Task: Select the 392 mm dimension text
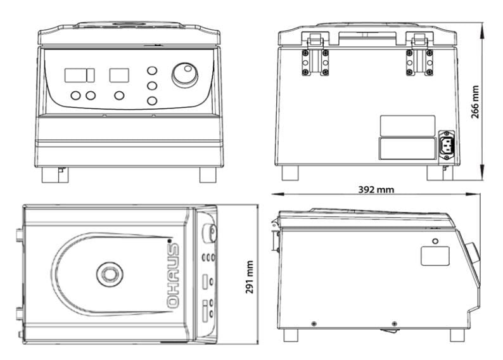pyautogui.click(x=375, y=190)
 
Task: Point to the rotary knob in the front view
pyautogui.click(x=184, y=75)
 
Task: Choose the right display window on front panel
pyautogui.click(x=119, y=75)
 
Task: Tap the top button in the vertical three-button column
pyautogui.click(x=152, y=70)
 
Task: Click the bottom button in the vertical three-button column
pyautogui.click(x=152, y=100)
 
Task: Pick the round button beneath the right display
pyautogui.click(x=119, y=96)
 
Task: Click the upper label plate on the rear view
pyautogui.click(x=407, y=124)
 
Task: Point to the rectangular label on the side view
pyautogui.click(x=436, y=255)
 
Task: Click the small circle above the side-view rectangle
pyautogui.click(x=436, y=241)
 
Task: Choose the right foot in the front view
pyautogui.click(x=208, y=174)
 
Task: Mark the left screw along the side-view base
pyautogui.click(x=314, y=323)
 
